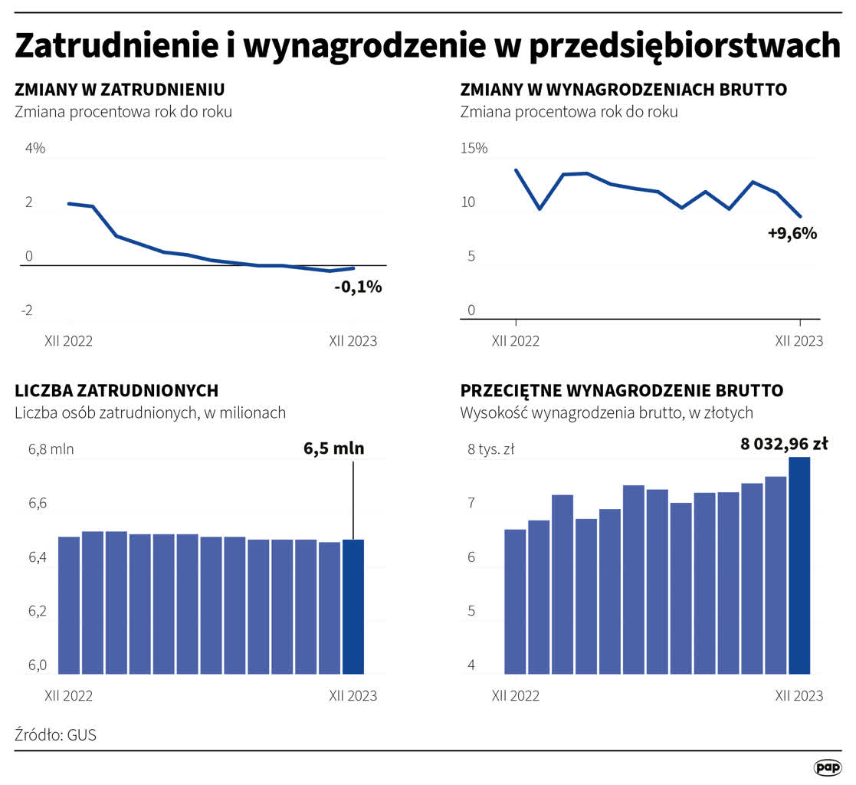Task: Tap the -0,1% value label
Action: point(357,288)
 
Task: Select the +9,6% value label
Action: point(792,234)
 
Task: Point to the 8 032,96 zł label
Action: point(783,442)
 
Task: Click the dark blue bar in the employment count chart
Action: point(353,606)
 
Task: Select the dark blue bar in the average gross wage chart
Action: point(799,565)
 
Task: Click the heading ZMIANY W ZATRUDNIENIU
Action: point(120,90)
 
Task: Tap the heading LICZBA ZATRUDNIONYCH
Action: point(116,391)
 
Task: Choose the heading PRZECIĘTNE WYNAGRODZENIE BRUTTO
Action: point(622,391)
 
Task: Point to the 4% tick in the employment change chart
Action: point(35,149)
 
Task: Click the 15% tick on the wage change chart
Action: point(473,149)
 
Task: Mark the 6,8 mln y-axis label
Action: point(51,450)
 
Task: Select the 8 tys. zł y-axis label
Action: point(490,450)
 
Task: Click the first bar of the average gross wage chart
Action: point(515,602)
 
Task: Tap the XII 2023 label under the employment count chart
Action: point(353,696)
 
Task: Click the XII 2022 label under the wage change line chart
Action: point(515,341)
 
